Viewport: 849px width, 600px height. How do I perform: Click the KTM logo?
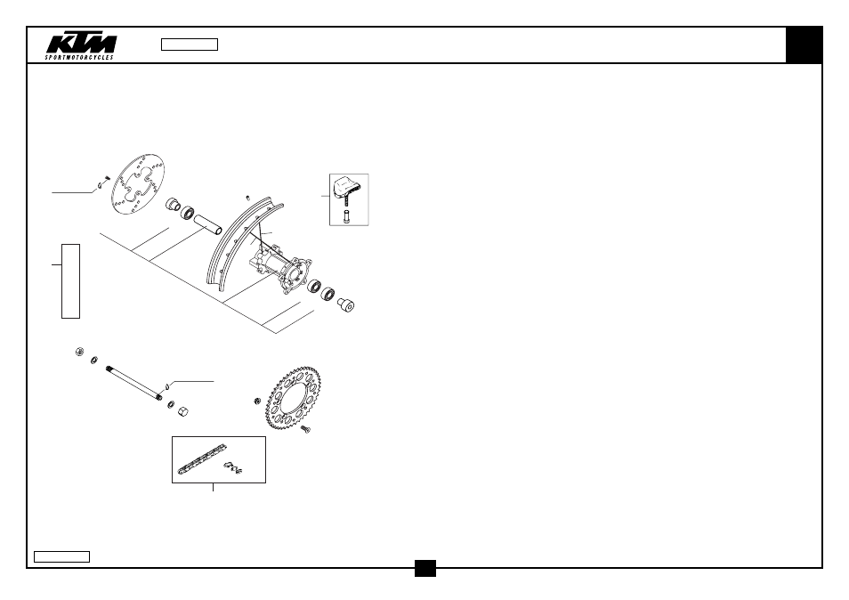click(x=81, y=47)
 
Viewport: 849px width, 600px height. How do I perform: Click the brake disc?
click(x=138, y=184)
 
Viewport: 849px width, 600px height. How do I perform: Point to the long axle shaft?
click(x=134, y=384)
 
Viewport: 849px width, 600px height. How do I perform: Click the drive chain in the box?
click(x=201, y=459)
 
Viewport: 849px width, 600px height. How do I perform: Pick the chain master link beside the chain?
click(x=233, y=467)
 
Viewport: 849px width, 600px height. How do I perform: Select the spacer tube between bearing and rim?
click(x=208, y=224)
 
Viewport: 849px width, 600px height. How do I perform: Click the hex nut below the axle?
click(x=183, y=411)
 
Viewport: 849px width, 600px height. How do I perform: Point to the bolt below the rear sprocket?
click(x=306, y=429)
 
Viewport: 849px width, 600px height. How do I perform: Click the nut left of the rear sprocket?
click(x=258, y=401)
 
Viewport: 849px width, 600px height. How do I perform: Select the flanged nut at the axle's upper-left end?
click(x=79, y=352)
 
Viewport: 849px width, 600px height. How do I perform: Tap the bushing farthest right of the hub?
click(x=345, y=304)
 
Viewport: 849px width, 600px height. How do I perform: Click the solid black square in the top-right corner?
click(x=805, y=45)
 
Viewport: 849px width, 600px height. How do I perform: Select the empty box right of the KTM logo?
click(x=190, y=45)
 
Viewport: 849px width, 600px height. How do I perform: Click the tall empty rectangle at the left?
click(x=71, y=281)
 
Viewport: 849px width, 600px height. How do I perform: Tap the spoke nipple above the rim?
click(x=247, y=197)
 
